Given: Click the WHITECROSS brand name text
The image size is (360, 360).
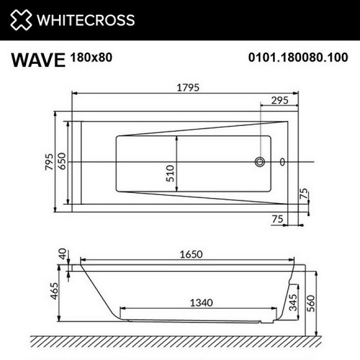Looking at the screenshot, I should click(x=85, y=20).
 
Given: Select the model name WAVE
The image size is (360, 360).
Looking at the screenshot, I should click(x=37, y=60).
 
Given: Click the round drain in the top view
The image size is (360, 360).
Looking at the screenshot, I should click(x=259, y=162).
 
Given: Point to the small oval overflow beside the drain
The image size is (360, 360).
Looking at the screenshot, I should click(x=283, y=162).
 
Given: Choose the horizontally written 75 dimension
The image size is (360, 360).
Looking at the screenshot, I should click(x=278, y=218).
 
